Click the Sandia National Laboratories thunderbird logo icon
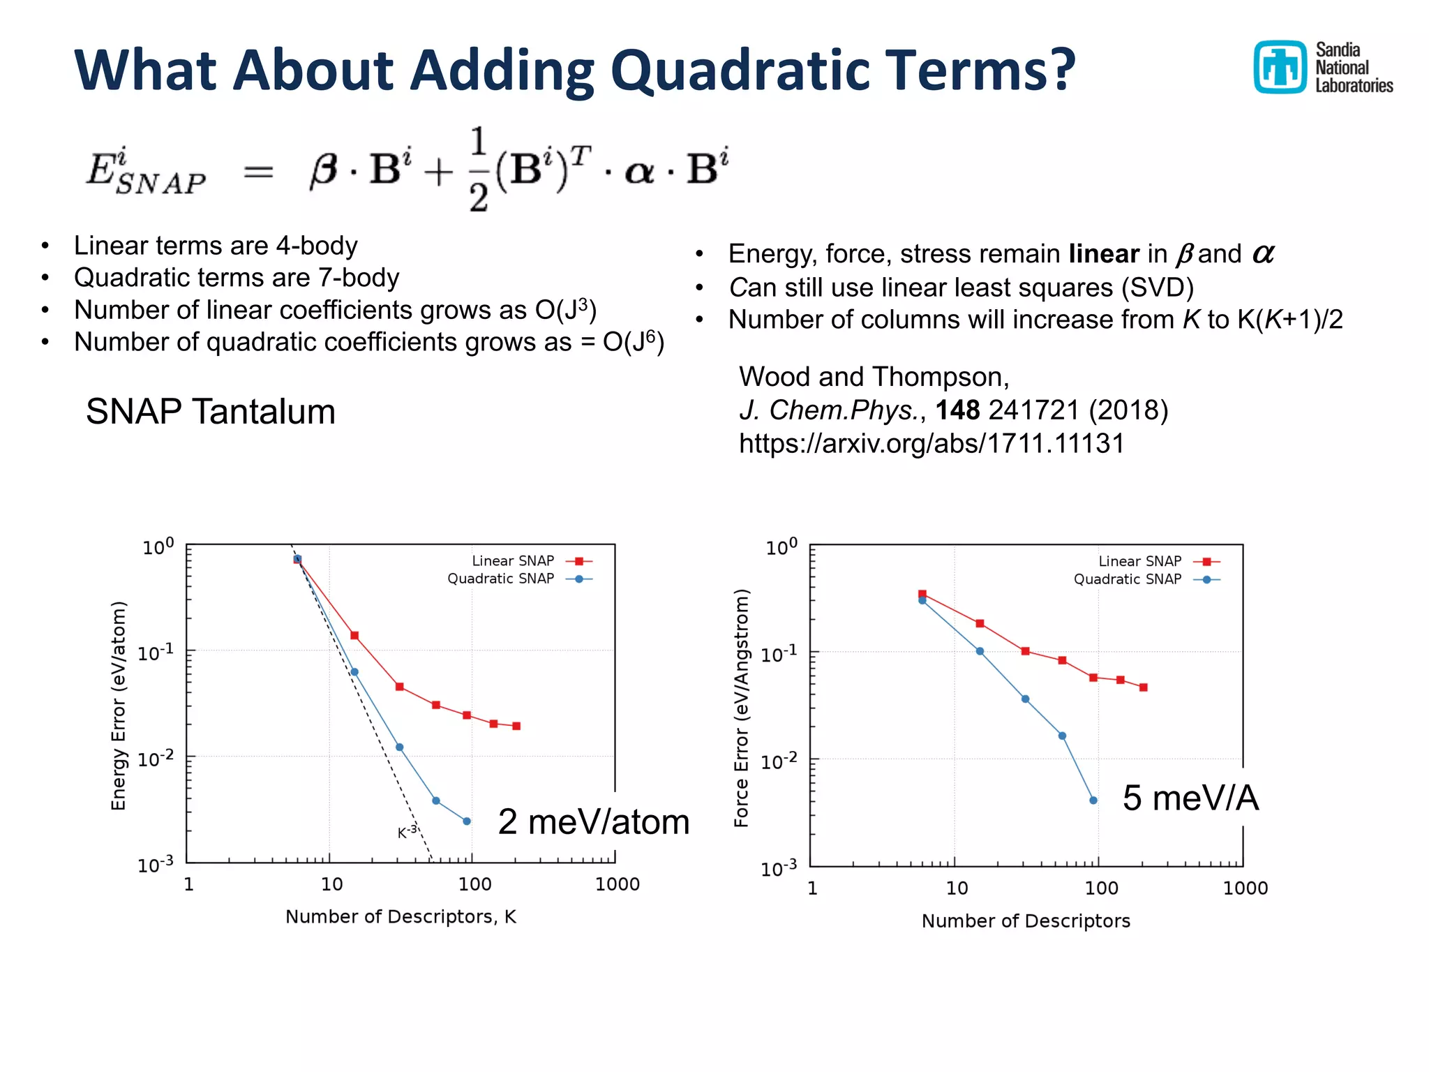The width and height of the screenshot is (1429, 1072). (x=1279, y=67)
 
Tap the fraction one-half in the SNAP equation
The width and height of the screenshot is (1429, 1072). (x=478, y=170)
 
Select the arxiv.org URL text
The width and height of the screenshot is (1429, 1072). (x=932, y=444)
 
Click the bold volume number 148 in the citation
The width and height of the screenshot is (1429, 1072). (x=957, y=410)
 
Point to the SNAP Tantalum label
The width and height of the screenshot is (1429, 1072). (x=211, y=411)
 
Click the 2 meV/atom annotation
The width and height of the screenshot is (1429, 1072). (x=593, y=821)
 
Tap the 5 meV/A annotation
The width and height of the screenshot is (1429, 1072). (x=1190, y=798)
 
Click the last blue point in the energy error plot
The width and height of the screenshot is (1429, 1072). (x=467, y=821)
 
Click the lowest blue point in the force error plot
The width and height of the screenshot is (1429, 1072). (x=1093, y=801)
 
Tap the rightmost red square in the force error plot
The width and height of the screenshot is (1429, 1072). (x=1144, y=687)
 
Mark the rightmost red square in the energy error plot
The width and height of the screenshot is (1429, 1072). (x=516, y=727)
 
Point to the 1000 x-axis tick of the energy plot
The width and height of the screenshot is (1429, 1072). (x=617, y=884)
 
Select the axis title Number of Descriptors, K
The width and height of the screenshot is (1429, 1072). (x=401, y=917)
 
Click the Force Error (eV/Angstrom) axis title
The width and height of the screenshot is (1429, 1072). (x=742, y=708)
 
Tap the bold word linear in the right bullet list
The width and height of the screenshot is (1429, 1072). (x=1104, y=254)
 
